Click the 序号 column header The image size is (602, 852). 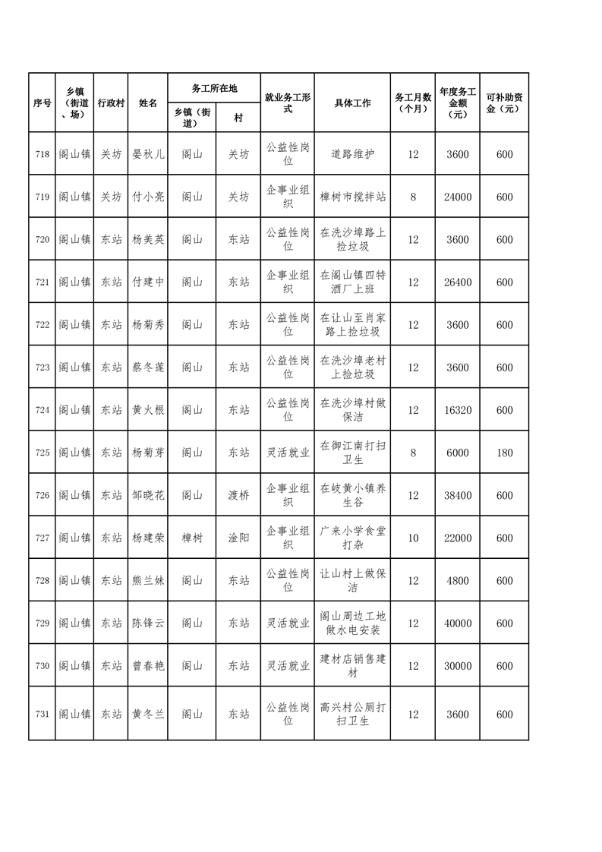[42, 103]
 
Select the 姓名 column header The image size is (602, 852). [148, 103]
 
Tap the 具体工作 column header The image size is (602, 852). [352, 103]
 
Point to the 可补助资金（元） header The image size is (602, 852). [504, 103]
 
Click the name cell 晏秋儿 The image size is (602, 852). [148, 154]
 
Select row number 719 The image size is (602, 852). [42, 197]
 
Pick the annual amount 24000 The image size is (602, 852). [458, 197]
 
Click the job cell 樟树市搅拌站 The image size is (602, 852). [352, 197]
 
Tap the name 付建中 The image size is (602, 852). [148, 282]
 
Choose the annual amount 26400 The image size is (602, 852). [458, 282]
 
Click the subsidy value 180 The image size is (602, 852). [504, 453]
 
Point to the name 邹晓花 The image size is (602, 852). [148, 495]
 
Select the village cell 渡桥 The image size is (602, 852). [238, 495]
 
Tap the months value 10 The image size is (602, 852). [413, 538]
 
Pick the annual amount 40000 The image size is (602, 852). [458, 623]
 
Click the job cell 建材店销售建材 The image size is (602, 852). [352, 666]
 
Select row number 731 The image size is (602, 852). [42, 714]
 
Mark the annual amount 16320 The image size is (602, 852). [458, 410]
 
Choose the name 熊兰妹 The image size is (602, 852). [148, 581]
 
